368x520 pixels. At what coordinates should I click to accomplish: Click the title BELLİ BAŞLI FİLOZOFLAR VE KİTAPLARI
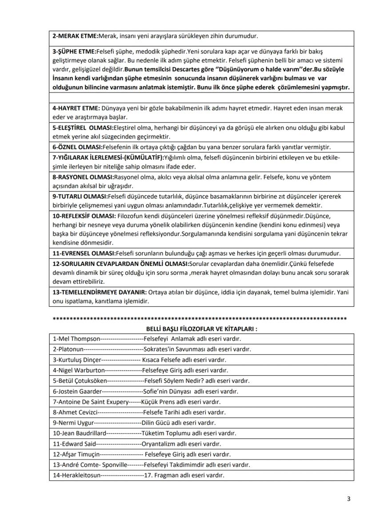202,329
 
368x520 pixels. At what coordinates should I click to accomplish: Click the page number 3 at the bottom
349,499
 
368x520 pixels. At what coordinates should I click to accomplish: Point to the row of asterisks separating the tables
200,319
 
